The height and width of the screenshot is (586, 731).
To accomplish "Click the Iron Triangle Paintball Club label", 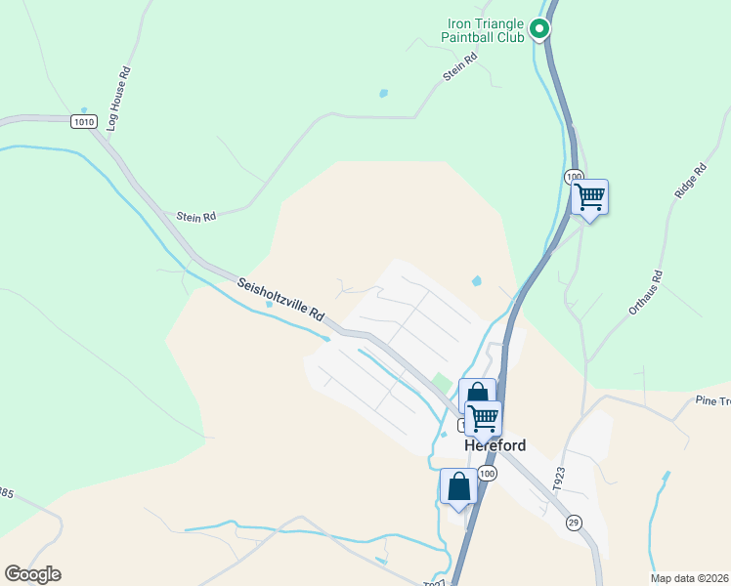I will pos(486,30).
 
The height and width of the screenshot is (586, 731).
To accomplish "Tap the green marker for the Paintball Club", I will pos(538,31).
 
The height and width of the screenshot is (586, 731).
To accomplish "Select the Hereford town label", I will pos(494,445).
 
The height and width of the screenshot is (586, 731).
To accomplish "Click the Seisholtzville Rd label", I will pos(280,300).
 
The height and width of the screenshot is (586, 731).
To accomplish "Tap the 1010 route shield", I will pos(84,122).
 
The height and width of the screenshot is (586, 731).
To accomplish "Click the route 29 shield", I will pos(575,522).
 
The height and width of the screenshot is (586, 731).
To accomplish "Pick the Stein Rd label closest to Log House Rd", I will pos(195,217).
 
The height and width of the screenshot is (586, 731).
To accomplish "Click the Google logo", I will pos(32,574).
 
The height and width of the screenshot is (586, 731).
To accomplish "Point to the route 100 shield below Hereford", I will pos(488,473).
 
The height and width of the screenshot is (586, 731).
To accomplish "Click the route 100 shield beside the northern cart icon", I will pos(574,176).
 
